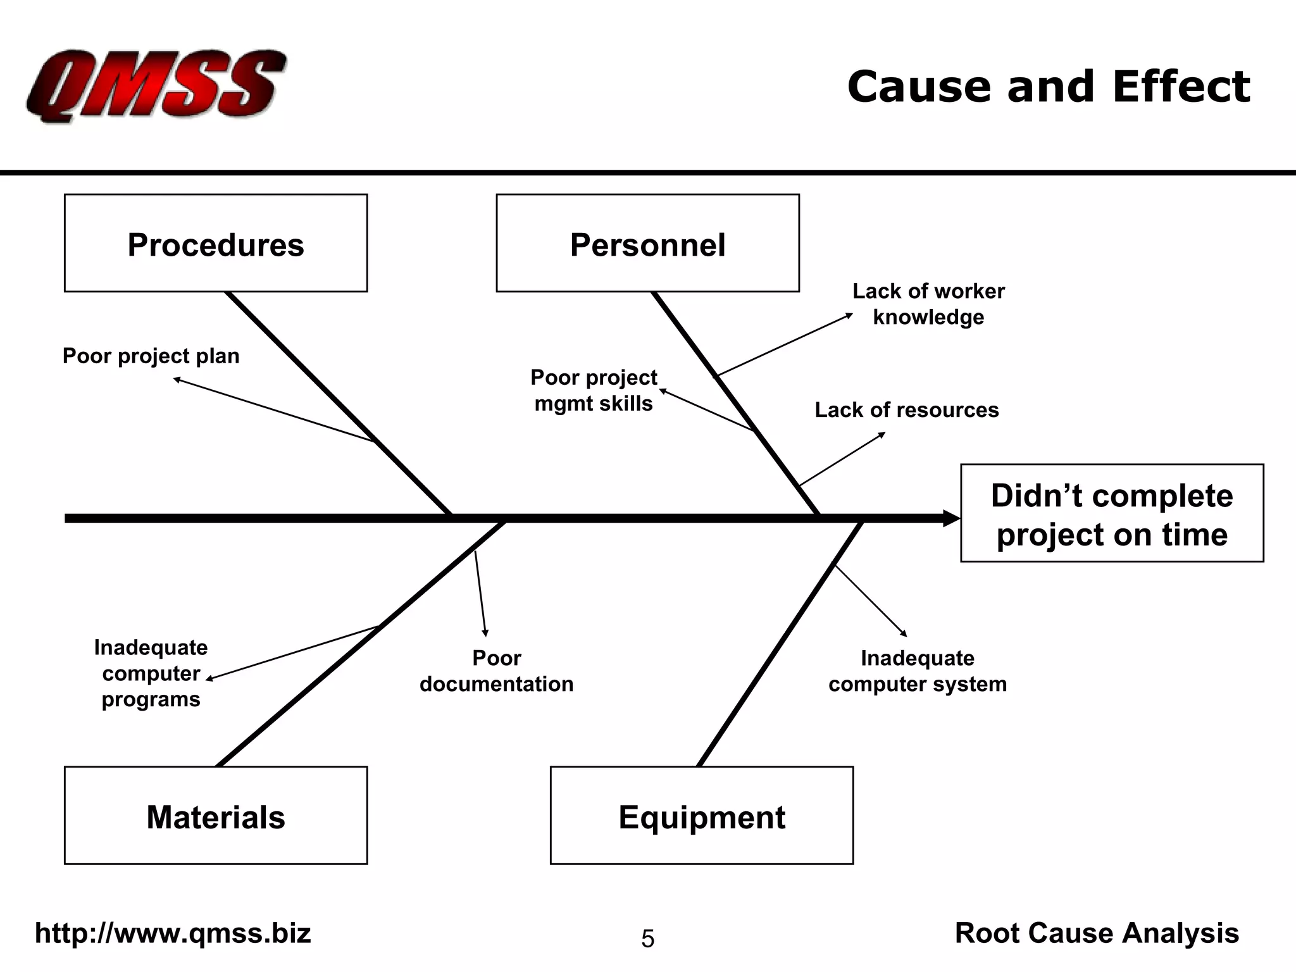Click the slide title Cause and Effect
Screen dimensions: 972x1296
(x=1049, y=87)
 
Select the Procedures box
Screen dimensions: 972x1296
(x=216, y=243)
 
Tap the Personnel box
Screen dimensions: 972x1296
(x=647, y=243)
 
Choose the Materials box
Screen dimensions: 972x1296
(x=216, y=815)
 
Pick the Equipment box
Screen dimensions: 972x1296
(x=702, y=815)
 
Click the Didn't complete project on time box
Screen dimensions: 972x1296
(x=1112, y=513)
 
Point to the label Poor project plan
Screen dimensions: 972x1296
(x=151, y=356)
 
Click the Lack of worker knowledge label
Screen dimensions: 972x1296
(x=928, y=304)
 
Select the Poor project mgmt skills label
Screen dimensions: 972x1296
(x=594, y=390)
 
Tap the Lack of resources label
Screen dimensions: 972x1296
(x=907, y=409)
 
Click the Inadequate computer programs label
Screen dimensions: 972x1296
(x=151, y=673)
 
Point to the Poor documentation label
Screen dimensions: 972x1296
(x=497, y=671)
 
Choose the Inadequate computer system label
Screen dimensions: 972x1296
(x=918, y=671)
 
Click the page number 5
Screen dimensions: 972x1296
(x=648, y=938)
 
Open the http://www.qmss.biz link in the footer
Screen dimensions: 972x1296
(x=173, y=933)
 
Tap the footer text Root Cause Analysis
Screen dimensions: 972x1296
(x=1097, y=933)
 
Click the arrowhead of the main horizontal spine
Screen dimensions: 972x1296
(x=952, y=518)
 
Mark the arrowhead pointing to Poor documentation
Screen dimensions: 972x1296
(x=485, y=632)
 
